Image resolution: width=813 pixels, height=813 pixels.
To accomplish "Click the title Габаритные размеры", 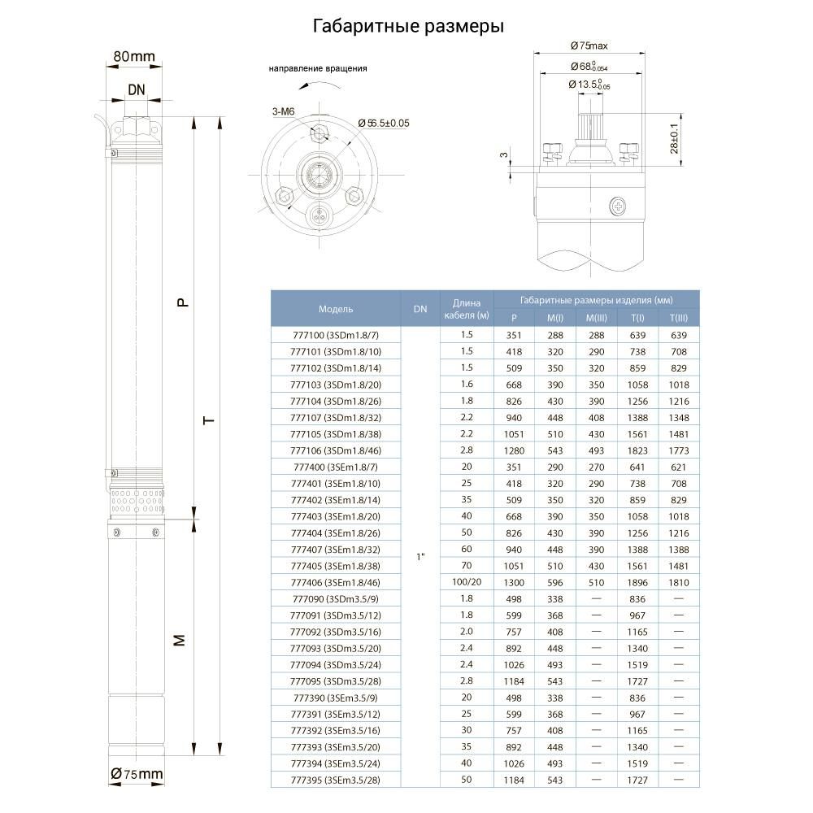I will pos(408,27).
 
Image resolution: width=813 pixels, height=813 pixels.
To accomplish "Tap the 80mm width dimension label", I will pos(133,56).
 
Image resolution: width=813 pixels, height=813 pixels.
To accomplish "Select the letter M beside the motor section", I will pos(182,640).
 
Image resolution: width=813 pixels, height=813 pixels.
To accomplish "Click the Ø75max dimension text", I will pos(589,45).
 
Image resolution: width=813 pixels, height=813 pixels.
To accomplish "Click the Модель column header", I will pos(335,309).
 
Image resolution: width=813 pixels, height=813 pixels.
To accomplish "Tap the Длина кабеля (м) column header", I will pos(467,309).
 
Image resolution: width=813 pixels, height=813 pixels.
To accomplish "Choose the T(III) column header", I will pos(679,318).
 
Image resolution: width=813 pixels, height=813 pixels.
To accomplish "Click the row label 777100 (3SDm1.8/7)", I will pos(335,336).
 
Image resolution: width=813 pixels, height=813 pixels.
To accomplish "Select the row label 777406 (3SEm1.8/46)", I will pos(335,583).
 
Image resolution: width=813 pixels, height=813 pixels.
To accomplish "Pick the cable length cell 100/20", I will pos(467,583).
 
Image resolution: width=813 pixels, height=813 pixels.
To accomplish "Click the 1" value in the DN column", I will pos(420,558).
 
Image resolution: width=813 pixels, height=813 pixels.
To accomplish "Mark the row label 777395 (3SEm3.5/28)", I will pos(335,780).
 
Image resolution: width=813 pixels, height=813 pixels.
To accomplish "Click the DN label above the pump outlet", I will pos(137,90).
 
